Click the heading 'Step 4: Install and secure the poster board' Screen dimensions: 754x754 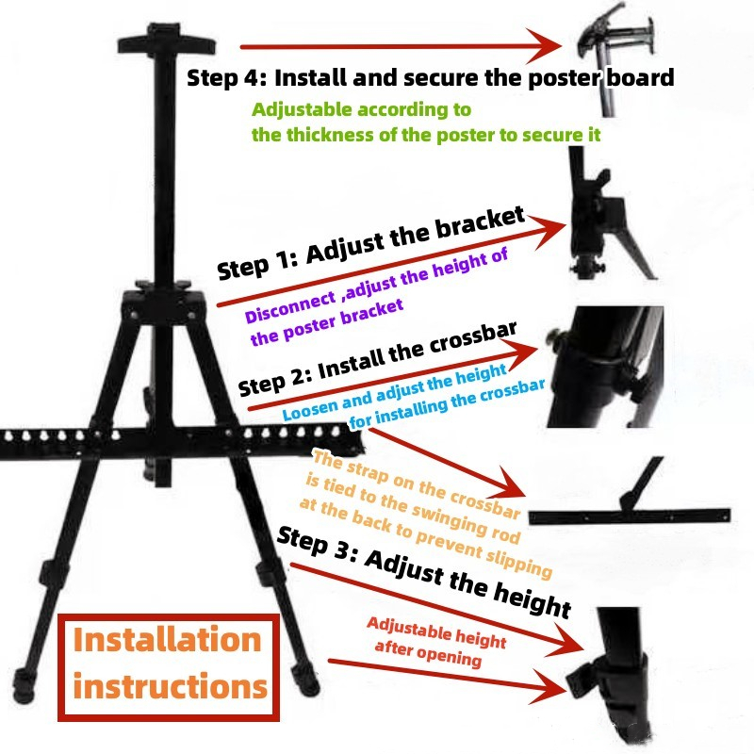[x=431, y=78]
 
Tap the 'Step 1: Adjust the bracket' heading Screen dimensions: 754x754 [x=370, y=243]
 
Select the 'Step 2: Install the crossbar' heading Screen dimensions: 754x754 [x=378, y=359]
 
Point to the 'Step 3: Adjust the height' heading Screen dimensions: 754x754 [x=424, y=571]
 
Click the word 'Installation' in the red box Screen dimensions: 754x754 [x=167, y=640]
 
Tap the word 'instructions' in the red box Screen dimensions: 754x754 [x=170, y=685]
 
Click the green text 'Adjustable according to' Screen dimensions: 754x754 [x=361, y=109]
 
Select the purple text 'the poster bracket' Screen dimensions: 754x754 [x=326, y=321]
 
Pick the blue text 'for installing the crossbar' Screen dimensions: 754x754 [x=447, y=403]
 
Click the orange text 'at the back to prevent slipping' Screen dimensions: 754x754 [x=426, y=538]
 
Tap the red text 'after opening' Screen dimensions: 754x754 [x=428, y=653]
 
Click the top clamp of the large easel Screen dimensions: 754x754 [x=167, y=39]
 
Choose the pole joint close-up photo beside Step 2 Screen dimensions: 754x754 [x=605, y=367]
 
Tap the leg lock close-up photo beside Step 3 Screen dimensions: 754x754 [x=609, y=674]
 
